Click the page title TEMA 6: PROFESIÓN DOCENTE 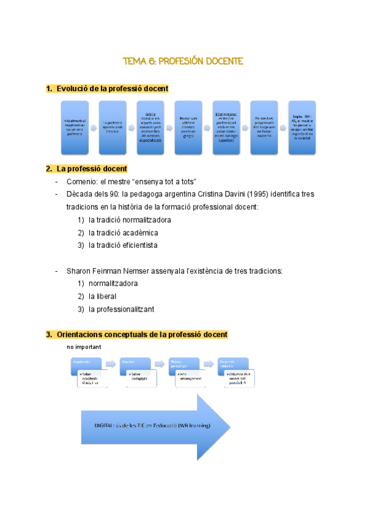(183, 61)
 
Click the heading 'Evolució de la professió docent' (112, 89)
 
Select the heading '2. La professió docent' (91, 168)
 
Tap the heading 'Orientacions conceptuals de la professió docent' (141, 335)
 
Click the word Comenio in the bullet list (81, 182)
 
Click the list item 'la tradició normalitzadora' (130, 220)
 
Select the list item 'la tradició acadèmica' (123, 233)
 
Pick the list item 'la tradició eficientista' (123, 245)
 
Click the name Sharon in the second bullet (79, 271)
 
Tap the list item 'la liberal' (102, 296)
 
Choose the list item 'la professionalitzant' (121, 309)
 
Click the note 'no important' (84, 347)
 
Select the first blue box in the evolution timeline (74, 127)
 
